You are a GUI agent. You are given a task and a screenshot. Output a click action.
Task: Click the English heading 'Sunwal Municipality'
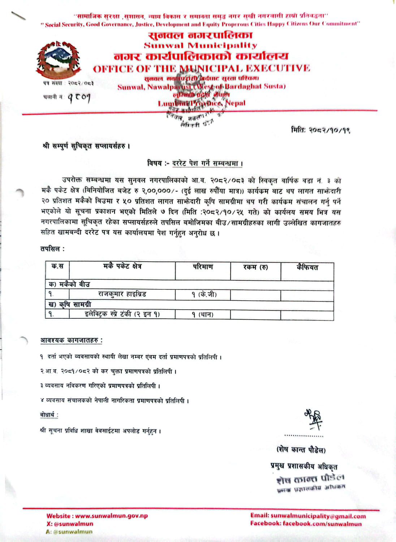(201, 46)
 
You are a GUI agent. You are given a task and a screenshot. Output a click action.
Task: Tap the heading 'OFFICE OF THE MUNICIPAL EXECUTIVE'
(201, 68)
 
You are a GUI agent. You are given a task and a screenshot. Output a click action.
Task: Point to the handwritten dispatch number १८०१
(78, 97)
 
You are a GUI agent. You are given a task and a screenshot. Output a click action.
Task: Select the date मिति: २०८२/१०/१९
(320, 130)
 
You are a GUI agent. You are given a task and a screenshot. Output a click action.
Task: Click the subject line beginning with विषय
(195, 163)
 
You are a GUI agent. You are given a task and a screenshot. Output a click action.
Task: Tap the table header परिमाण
(203, 267)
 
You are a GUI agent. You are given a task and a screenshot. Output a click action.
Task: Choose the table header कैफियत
(307, 268)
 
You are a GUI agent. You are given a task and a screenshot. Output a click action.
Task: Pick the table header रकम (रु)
(255, 268)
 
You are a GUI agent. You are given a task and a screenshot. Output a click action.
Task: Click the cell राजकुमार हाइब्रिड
(122, 294)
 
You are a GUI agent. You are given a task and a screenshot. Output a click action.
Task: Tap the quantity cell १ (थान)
(203, 315)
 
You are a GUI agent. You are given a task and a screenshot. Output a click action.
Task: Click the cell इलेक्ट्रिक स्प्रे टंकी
(122, 314)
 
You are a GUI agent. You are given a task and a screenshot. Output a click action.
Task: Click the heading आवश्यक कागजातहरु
(71, 340)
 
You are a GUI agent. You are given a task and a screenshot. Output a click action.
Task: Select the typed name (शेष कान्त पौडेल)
(301, 450)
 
